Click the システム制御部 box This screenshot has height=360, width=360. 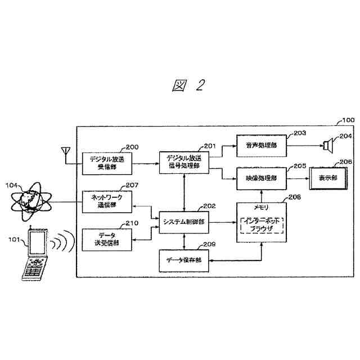[184, 222]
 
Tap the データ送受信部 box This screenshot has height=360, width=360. [106, 239]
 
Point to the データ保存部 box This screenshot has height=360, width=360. [184, 259]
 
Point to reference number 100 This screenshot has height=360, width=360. [348, 120]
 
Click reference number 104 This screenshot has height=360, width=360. [12, 184]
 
